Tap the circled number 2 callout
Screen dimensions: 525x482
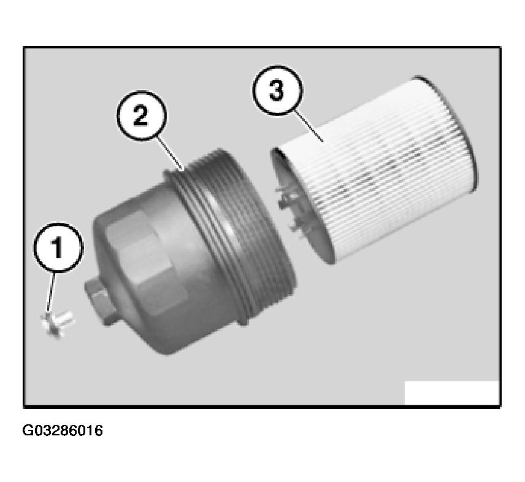pyautogui.click(x=141, y=115)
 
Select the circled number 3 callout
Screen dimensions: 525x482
pyautogui.click(x=277, y=90)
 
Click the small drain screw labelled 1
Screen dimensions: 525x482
pyautogui.click(x=57, y=324)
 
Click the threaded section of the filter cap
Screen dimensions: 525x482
pyautogui.click(x=231, y=235)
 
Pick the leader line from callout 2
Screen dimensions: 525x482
pyautogui.click(x=171, y=154)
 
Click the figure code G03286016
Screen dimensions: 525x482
pyautogui.click(x=63, y=430)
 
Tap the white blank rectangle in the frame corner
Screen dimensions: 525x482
pyautogui.click(x=451, y=393)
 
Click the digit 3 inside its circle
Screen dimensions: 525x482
pyautogui.click(x=277, y=91)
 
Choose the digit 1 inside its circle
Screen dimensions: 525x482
pyautogui.click(x=58, y=248)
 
